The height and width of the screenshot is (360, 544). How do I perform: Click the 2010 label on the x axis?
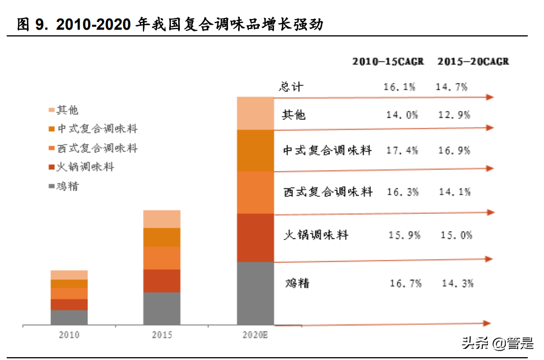pos(69,335)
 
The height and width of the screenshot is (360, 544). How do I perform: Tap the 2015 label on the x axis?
pos(162,335)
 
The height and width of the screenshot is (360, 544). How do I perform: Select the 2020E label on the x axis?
pos(255,335)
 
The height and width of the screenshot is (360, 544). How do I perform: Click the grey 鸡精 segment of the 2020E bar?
pos(255,293)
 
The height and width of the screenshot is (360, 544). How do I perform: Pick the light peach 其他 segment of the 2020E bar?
pos(255,113)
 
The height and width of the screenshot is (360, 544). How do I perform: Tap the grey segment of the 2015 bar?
pos(162,308)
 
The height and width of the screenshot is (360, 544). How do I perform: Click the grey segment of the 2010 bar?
pos(69,317)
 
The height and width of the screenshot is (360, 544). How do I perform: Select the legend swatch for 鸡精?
pos(52,187)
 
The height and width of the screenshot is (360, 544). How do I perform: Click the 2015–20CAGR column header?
pos(473,62)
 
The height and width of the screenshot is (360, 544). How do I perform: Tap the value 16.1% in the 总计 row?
pos(399,87)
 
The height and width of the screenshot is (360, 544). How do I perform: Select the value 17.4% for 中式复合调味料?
pos(402,151)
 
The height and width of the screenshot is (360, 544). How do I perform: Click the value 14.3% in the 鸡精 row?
pos(457,283)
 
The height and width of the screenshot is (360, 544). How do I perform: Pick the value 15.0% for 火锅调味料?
pos(456,236)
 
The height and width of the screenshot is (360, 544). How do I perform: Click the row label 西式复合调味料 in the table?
pos(328,192)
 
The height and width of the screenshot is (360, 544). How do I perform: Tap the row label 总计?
pos(291,87)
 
